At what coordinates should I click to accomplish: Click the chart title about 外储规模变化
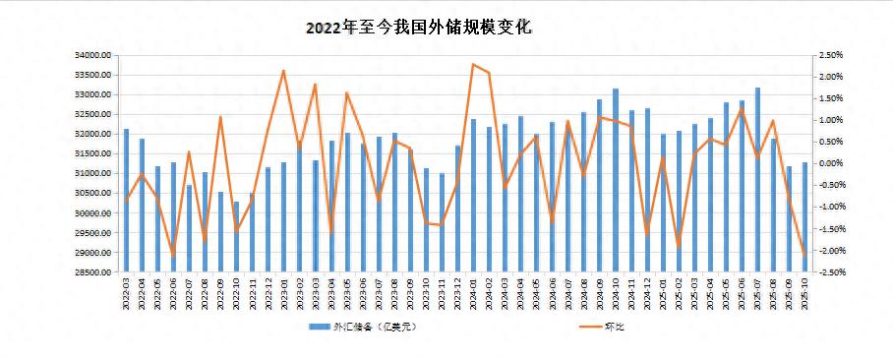point(418,28)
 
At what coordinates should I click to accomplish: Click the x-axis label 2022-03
point(126,293)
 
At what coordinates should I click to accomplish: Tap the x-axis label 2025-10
point(804,293)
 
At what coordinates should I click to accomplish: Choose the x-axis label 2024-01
point(473,293)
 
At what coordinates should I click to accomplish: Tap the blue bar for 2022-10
point(236,237)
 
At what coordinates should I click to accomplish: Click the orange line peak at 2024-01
point(473,65)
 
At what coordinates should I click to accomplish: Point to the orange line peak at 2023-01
point(283,71)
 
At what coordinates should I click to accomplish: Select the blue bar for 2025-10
point(804,217)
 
